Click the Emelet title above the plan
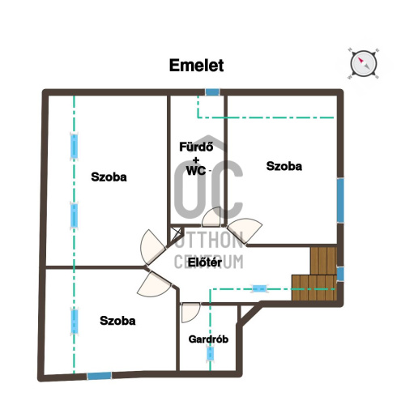196,66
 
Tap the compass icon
364,64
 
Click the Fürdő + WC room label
196,159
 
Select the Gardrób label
208,339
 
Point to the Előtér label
205,262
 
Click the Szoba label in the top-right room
284,166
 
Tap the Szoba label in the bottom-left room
117,321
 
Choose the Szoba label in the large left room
109,177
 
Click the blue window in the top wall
212,92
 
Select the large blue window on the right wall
340,200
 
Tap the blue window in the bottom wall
99,376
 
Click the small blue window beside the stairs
340,274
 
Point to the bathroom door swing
211,217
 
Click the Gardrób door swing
191,313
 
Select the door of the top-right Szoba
245,230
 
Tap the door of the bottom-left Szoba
155,284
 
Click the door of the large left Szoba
152,247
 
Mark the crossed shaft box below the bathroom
176,233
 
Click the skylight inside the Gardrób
210,354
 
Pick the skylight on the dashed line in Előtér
259,289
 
